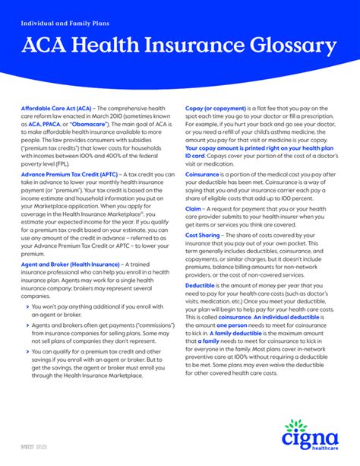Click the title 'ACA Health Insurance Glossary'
click(x=178, y=46)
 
